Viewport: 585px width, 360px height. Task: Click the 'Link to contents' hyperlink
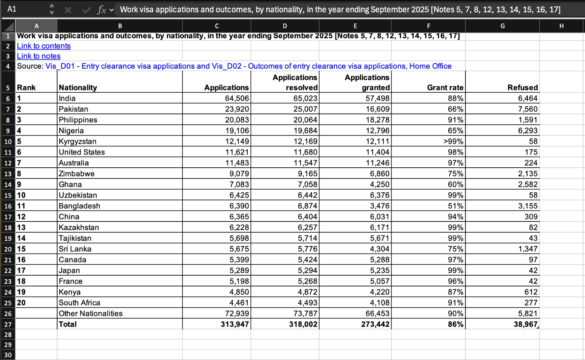point(44,46)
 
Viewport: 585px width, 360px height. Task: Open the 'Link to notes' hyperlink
point(38,56)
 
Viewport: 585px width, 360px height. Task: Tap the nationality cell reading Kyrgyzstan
point(78,142)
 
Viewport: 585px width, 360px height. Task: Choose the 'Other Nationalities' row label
point(91,314)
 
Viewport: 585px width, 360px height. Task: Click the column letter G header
point(502,26)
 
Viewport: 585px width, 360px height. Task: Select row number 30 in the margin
point(8,355)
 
